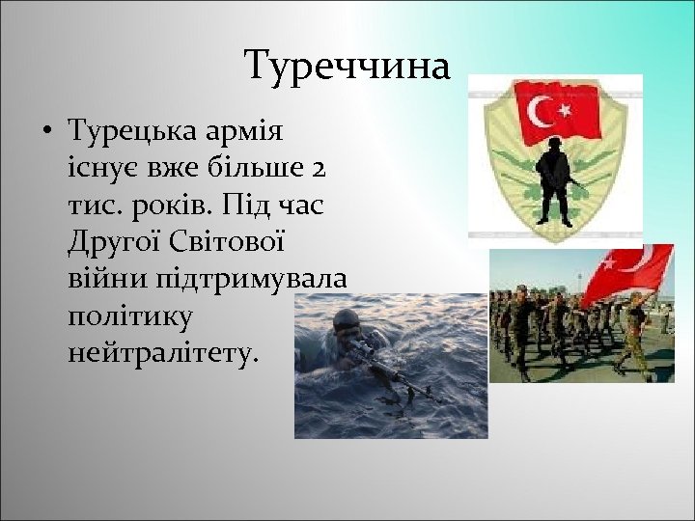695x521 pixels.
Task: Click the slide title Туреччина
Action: coord(347,67)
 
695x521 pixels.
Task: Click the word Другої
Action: coord(114,241)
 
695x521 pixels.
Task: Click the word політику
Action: coord(131,316)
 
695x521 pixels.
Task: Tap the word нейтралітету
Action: coord(164,353)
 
